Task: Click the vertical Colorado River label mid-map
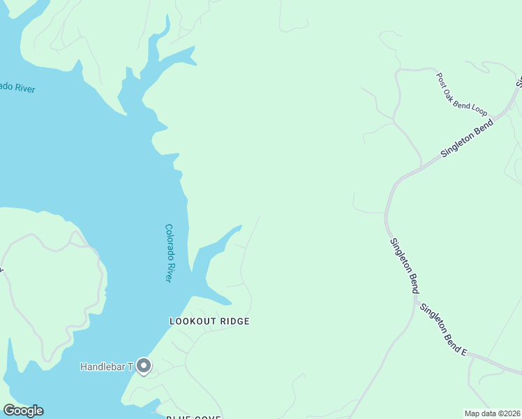(x=169, y=252)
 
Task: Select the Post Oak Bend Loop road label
(x=461, y=94)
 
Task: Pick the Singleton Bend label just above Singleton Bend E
(x=405, y=265)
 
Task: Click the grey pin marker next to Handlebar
(x=144, y=366)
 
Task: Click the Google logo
(x=23, y=411)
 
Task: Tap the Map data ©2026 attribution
(x=493, y=413)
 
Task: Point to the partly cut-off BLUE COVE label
(x=193, y=417)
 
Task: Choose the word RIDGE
(x=234, y=321)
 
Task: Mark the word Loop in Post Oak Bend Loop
(x=479, y=109)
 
